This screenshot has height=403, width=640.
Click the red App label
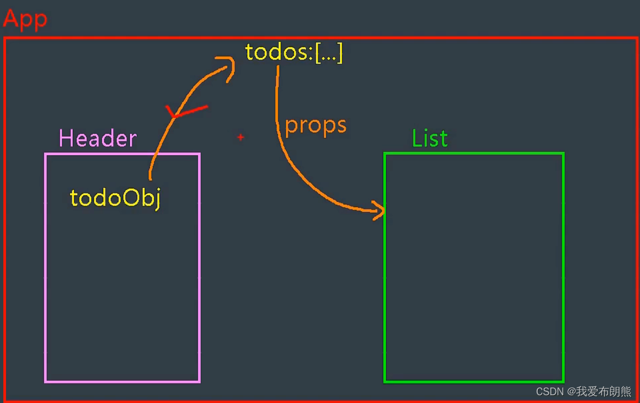26,19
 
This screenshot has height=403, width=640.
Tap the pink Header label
98,138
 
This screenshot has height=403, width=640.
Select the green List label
429,138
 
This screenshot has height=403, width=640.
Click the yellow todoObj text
116,198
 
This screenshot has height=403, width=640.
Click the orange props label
316,125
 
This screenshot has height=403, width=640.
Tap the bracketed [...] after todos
329,53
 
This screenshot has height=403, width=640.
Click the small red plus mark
241,137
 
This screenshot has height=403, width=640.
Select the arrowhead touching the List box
379,211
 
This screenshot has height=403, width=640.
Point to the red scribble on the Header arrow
186,111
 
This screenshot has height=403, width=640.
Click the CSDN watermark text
550,391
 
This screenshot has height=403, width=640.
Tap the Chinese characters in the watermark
604,391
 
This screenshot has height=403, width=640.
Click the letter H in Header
66,138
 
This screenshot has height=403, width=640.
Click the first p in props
291,127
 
